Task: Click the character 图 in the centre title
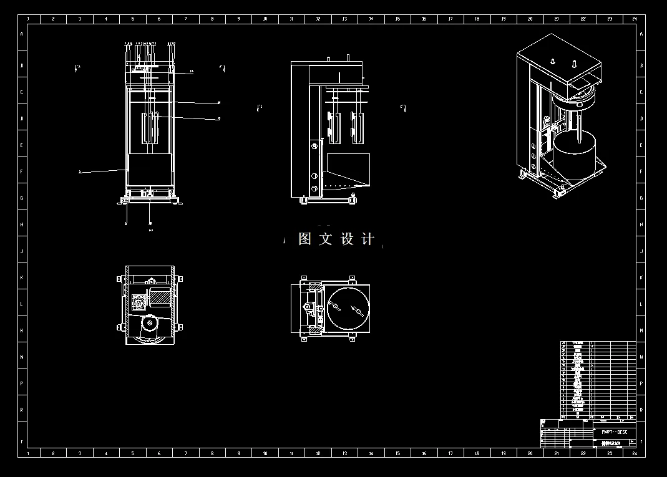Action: point(304,239)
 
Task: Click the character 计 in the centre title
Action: point(368,239)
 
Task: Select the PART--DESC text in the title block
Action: point(614,432)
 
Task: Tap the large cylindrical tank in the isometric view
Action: point(574,156)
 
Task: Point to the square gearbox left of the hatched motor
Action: point(139,303)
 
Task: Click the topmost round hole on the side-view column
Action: point(314,147)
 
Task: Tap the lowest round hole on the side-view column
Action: point(314,188)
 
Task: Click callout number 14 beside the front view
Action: point(192,72)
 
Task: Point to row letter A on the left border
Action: point(22,34)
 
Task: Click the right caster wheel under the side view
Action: point(354,198)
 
